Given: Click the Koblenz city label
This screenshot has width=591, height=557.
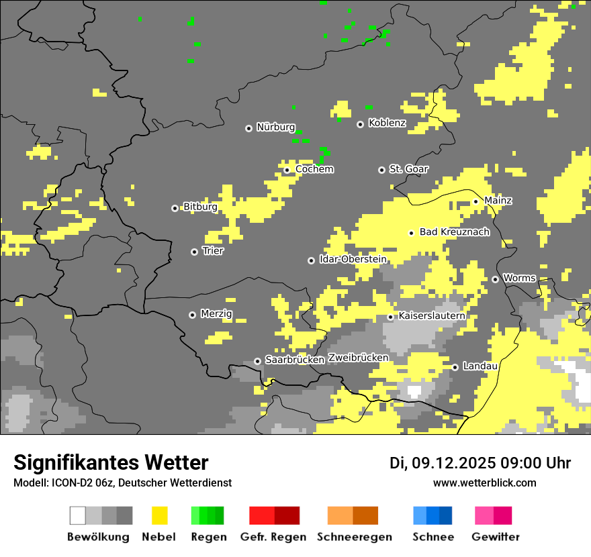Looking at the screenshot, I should pyautogui.click(x=387, y=123).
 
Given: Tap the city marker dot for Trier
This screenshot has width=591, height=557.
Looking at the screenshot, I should pyautogui.click(x=195, y=252).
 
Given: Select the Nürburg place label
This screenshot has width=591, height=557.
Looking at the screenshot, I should pyautogui.click(x=275, y=127).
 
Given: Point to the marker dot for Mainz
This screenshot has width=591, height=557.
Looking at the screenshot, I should pyautogui.click(x=475, y=201).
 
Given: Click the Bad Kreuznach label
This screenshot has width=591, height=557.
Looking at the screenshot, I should pyautogui.click(x=454, y=232).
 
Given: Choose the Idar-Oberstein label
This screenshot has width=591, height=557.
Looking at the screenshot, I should pyautogui.click(x=353, y=259).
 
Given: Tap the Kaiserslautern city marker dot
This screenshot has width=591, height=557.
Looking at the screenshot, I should pyautogui.click(x=390, y=317).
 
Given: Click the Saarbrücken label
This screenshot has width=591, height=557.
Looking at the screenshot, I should pyautogui.click(x=294, y=360).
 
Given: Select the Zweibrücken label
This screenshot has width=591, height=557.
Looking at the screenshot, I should pyautogui.click(x=358, y=358).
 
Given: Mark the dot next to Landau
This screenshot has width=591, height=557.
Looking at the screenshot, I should pyautogui.click(x=455, y=367).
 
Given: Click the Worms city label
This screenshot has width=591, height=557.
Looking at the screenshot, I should pyautogui.click(x=519, y=278).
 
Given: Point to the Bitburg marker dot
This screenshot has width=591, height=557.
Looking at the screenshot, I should pyautogui.click(x=175, y=208).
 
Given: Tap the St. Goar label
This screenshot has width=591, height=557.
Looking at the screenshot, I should pyautogui.click(x=408, y=169).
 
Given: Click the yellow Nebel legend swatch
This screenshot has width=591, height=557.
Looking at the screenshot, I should pyautogui.click(x=159, y=515).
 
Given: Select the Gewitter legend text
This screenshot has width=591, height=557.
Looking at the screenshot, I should pyautogui.click(x=495, y=537).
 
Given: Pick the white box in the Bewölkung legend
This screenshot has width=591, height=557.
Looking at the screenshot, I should pyautogui.click(x=78, y=515).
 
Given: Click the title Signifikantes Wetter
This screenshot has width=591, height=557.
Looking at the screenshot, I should pyautogui.click(x=111, y=462).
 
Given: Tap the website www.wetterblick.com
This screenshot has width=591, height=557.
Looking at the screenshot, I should pyautogui.click(x=484, y=483).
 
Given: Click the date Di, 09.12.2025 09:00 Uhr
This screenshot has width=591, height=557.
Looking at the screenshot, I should pyautogui.click(x=480, y=463).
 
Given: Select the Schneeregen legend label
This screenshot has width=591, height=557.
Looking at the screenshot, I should pyautogui.click(x=354, y=537).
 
